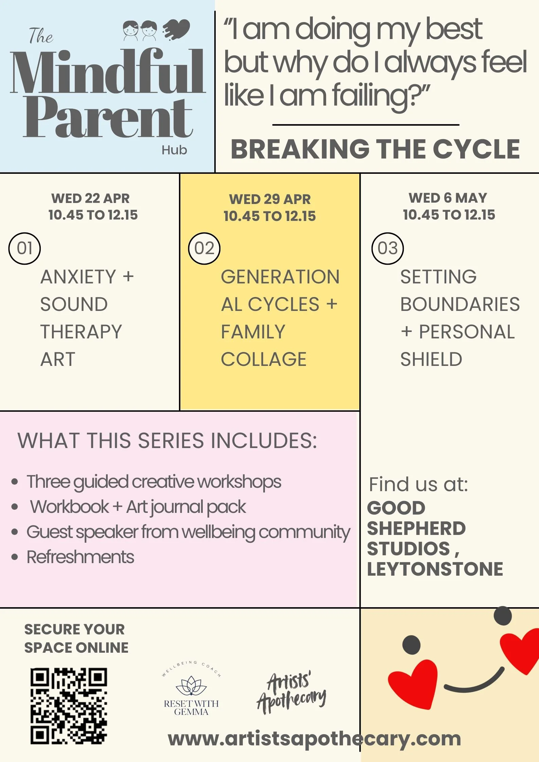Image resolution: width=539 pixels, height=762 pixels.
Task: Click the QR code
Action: point(69,706)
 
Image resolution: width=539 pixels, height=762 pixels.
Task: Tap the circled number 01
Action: point(24,248)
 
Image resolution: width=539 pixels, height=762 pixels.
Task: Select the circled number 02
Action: point(204,248)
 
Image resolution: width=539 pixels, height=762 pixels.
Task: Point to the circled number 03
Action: point(388,248)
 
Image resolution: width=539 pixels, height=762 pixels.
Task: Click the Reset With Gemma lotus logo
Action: point(191,689)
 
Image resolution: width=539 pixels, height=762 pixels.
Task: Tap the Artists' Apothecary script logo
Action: point(291,692)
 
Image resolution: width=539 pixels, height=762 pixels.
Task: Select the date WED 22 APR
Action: point(90,199)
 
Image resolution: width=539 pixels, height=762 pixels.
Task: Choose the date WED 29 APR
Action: point(270,200)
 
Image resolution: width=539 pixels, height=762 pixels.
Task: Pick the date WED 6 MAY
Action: point(448,198)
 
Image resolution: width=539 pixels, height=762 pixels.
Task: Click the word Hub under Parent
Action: point(174,150)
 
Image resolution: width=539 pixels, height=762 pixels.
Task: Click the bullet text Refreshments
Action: point(80,557)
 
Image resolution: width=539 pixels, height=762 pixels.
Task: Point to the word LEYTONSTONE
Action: point(435,569)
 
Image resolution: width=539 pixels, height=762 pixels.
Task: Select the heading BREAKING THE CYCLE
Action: point(375,149)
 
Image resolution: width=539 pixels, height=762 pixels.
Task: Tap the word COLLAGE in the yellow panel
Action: point(264,359)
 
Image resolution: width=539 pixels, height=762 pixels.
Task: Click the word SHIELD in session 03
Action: point(431,359)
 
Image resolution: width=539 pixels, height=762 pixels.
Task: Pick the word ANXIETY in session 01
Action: point(78,277)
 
